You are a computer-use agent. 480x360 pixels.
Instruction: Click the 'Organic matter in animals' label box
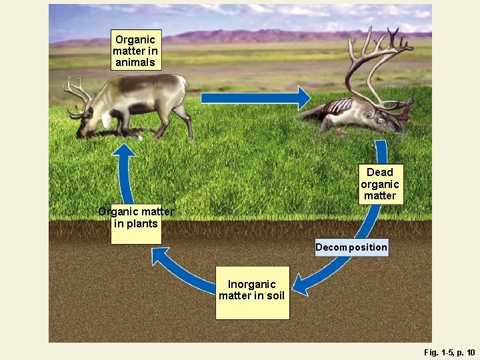[x=135, y=51]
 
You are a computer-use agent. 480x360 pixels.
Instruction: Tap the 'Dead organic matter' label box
[x=380, y=184]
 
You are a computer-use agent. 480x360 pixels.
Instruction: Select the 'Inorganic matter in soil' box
[x=252, y=291]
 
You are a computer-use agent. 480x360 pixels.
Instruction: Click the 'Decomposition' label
[x=351, y=247]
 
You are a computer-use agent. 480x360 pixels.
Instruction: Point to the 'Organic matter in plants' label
[x=136, y=218]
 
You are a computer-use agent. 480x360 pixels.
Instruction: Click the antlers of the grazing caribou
[x=77, y=94]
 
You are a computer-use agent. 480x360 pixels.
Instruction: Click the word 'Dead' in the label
[x=380, y=172]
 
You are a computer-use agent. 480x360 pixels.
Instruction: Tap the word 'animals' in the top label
[x=135, y=63]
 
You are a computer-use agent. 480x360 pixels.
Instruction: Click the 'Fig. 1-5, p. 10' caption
[x=449, y=351]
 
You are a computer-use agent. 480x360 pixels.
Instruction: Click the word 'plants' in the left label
[x=142, y=224]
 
